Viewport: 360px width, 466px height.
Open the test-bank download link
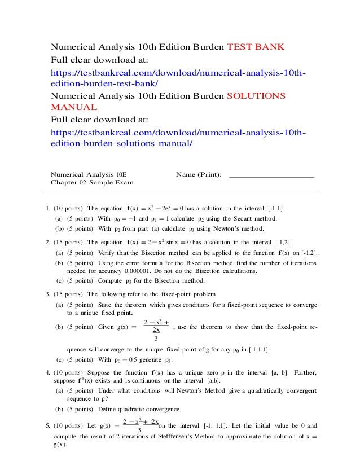point(178,77)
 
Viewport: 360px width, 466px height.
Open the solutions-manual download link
point(178,138)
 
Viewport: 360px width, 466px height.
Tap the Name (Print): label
point(199,175)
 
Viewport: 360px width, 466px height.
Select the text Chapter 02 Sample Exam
point(92,183)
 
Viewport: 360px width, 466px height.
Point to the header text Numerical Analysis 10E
point(89,175)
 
